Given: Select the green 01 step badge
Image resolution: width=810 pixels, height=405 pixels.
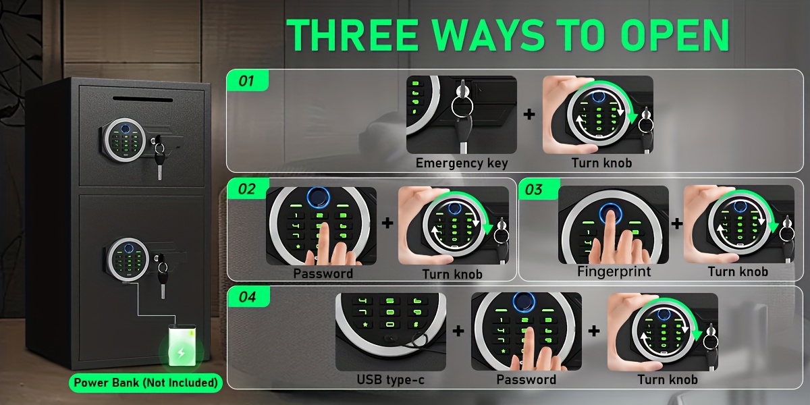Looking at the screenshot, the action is click(x=247, y=80).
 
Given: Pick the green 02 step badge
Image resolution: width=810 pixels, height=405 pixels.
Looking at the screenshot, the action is click(x=248, y=189).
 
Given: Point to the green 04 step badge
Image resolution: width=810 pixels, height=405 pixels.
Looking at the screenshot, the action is click(x=248, y=297).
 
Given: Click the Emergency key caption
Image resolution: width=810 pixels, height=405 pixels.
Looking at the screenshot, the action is click(x=462, y=163).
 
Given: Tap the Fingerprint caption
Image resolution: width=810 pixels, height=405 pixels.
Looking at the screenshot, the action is click(x=614, y=271).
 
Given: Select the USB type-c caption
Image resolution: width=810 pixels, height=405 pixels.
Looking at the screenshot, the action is click(x=391, y=379).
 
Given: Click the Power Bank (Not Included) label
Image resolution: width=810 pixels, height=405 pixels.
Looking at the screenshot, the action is click(x=146, y=383).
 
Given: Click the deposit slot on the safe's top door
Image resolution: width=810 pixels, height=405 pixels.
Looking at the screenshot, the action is click(x=143, y=99).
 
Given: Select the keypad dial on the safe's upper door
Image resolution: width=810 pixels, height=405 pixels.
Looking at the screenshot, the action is click(x=125, y=140).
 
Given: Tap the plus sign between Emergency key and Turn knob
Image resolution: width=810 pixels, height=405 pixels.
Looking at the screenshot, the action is click(x=529, y=114).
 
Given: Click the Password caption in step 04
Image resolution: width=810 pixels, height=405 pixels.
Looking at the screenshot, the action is click(x=526, y=379).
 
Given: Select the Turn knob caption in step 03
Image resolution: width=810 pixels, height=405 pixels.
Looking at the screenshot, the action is click(x=738, y=271).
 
